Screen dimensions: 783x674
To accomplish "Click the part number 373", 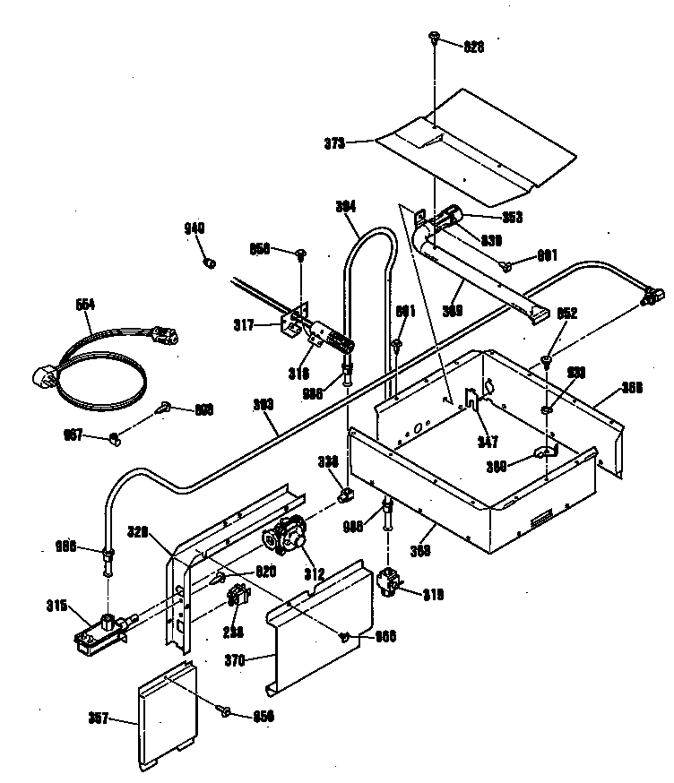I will pos(333,141).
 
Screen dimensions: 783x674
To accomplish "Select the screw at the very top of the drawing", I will pos(435,37).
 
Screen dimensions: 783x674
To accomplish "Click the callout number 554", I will pos(85,304).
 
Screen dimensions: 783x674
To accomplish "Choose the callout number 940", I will pos(194,229).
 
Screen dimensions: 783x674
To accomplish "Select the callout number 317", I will pos(244,324).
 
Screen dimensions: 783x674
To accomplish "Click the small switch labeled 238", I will pos(238,594).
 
